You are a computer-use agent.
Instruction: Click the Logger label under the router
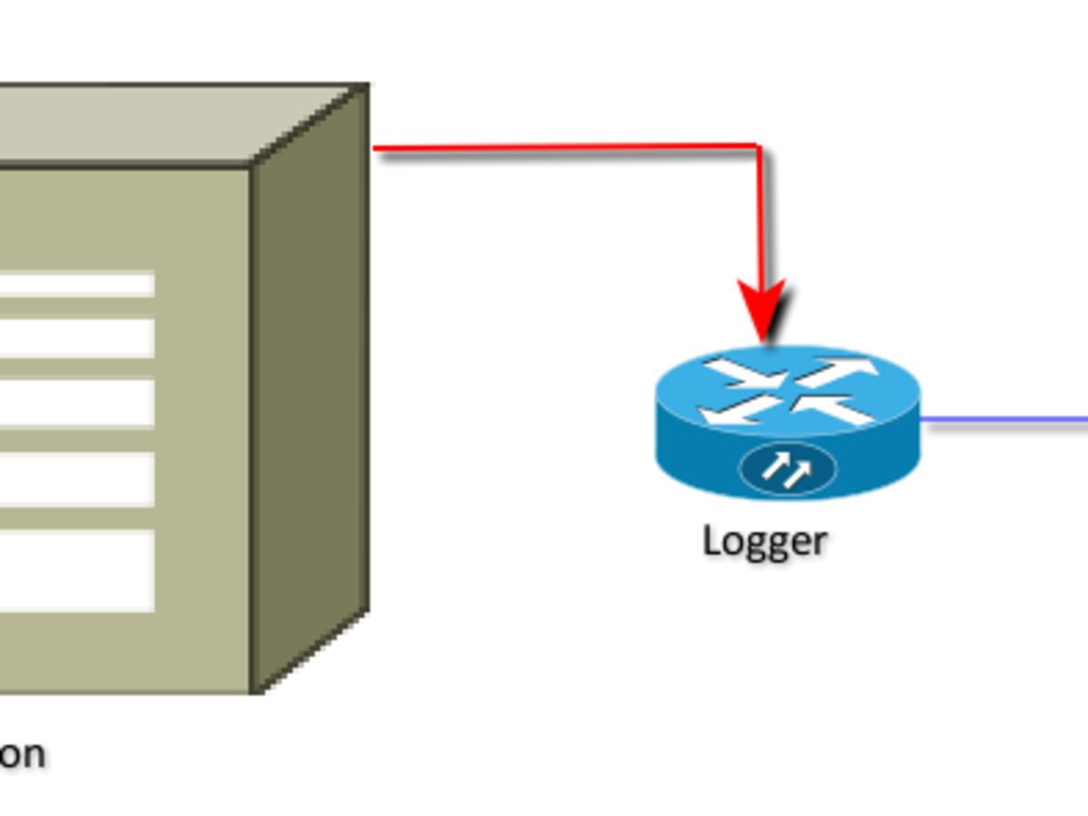pyautogui.click(x=764, y=540)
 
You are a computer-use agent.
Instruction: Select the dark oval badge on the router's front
pyautogui.click(x=788, y=469)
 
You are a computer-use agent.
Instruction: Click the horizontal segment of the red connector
pyautogui.click(x=562, y=146)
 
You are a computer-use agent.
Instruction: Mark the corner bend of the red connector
pyautogui.click(x=757, y=147)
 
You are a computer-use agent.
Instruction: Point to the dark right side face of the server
pyautogui.click(x=310, y=390)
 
